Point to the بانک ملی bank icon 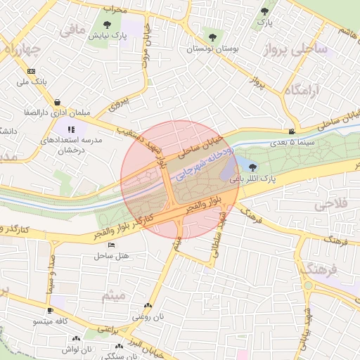31,71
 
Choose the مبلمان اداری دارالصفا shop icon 56,102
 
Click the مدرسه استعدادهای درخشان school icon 72,129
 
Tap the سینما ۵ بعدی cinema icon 292,131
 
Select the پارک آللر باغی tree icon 252,167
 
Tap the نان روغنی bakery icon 147,306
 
